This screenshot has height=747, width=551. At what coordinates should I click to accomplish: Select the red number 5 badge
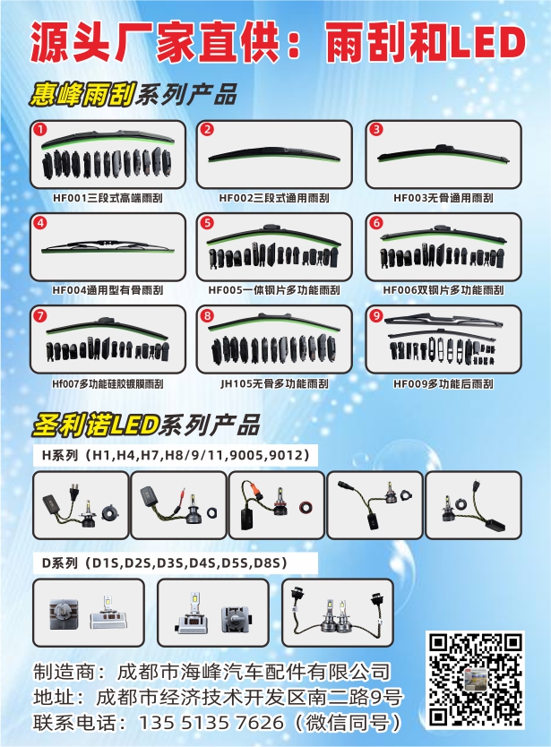(x=207, y=223)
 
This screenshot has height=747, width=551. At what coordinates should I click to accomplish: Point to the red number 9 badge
(x=376, y=316)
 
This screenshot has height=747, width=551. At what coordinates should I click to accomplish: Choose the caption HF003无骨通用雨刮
(x=443, y=196)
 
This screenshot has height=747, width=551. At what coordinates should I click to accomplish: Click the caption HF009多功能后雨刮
(x=443, y=383)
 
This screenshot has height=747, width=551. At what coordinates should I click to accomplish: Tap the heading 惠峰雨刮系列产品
(x=133, y=94)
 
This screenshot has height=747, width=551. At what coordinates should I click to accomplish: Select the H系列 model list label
(x=174, y=456)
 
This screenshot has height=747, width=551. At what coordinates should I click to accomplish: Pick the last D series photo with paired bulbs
(x=338, y=612)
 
